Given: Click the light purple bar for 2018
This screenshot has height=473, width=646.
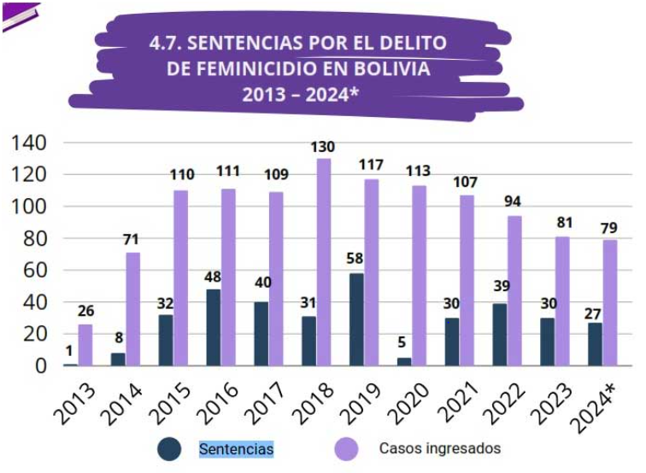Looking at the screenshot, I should click(324, 262).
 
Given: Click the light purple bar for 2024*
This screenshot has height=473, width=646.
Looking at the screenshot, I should click(610, 302).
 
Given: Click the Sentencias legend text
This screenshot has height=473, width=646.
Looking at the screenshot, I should click(236, 448).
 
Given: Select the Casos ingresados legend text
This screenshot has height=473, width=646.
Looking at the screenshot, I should click(440, 448).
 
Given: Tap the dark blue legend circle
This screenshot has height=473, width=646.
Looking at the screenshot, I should click(169, 448).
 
